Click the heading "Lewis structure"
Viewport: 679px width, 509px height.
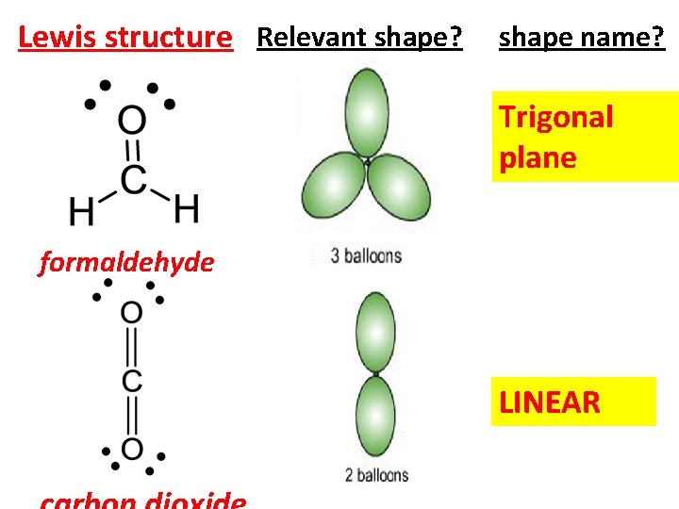pyautogui.click(x=124, y=38)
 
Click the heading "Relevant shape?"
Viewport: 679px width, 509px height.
pyautogui.click(x=359, y=38)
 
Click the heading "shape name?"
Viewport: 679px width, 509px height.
pyautogui.click(x=581, y=38)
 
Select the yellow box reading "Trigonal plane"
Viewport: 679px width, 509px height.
pyautogui.click(x=585, y=137)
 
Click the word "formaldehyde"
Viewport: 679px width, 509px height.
pyautogui.click(x=126, y=263)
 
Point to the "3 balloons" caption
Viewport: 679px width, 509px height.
pyautogui.click(x=366, y=255)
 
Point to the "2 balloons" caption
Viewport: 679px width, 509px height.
pyautogui.click(x=376, y=474)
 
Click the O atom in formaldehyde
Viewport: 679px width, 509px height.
pyautogui.click(x=132, y=121)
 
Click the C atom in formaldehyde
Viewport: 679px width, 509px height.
pyautogui.click(x=133, y=178)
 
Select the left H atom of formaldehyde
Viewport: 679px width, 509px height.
pyautogui.click(x=82, y=210)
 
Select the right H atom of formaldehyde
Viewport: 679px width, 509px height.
pyautogui.click(x=186, y=208)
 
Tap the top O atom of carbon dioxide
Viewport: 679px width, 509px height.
pyautogui.click(x=132, y=312)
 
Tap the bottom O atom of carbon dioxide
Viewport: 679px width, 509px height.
pyautogui.click(x=132, y=449)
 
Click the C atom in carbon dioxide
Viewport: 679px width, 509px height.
pyautogui.click(x=132, y=381)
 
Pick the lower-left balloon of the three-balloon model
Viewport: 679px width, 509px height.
pyautogui.click(x=332, y=192)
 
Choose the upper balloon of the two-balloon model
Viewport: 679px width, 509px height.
pyautogui.click(x=375, y=333)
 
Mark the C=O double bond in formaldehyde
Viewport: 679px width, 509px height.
pyautogui.click(x=133, y=149)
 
